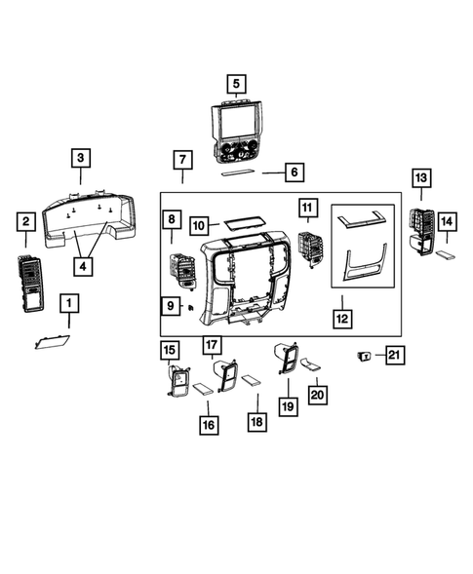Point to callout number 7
(x=182, y=159)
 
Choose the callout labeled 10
(x=198, y=225)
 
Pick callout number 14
(x=445, y=222)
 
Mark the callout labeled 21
(x=393, y=356)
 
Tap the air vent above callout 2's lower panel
(x=29, y=281)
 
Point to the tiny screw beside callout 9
(x=191, y=307)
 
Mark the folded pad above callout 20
(x=310, y=365)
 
